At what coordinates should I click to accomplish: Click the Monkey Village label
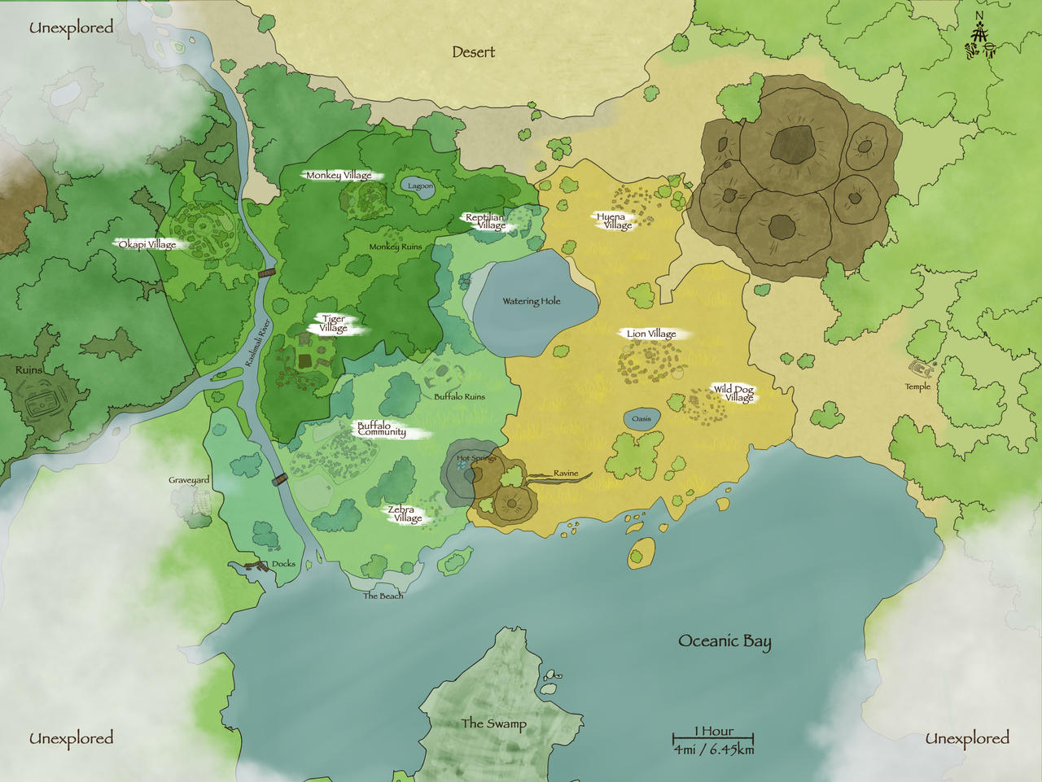tap(339, 175)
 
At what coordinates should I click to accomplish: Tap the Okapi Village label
tap(147, 244)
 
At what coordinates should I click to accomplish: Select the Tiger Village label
tap(334, 324)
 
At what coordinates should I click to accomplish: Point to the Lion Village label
tap(651, 334)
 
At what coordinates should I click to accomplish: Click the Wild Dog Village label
tap(734, 394)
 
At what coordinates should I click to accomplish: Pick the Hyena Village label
tap(612, 221)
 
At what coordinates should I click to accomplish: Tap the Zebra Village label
tap(403, 513)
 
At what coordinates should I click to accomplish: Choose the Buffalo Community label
tap(381, 429)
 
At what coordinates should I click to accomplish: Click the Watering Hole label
tap(532, 301)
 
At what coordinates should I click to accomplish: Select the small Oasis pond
tap(641, 419)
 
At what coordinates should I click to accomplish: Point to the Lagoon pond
tap(420, 186)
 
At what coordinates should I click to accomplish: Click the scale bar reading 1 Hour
tap(713, 739)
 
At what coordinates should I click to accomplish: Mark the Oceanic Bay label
tap(725, 641)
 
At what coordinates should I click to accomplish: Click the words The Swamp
tap(493, 723)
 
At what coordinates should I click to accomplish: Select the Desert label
tap(473, 52)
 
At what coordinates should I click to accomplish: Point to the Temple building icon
tap(921, 369)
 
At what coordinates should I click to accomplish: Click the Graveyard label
tap(189, 480)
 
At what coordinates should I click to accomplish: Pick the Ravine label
tap(566, 473)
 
